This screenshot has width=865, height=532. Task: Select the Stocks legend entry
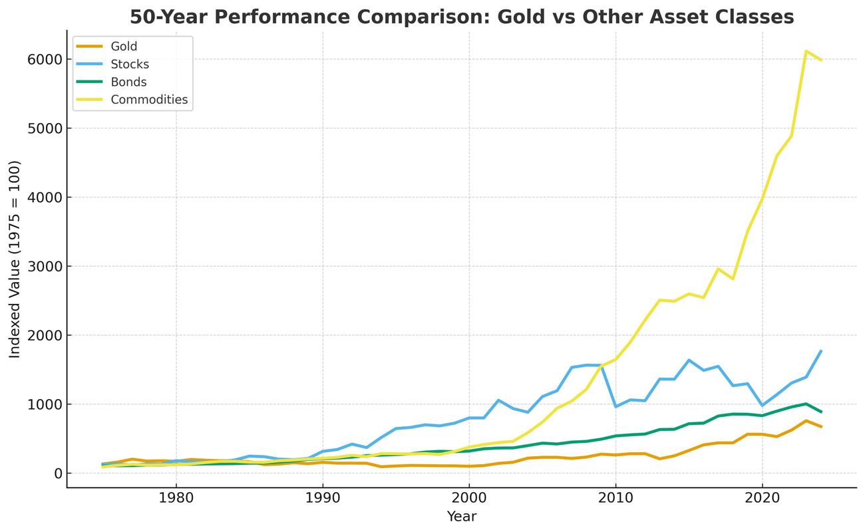129,65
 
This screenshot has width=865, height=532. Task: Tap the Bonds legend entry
128,82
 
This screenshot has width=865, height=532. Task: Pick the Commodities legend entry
149,100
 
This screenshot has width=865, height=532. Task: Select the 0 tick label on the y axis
58,473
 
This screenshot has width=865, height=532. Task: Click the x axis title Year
461,517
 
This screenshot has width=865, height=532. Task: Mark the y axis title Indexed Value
15,259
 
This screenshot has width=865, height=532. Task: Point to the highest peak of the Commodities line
806,51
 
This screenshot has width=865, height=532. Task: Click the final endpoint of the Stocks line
821,350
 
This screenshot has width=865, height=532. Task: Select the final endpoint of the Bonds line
821,412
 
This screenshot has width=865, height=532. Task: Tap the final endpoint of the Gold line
821,426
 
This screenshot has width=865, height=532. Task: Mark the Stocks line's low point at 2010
615,406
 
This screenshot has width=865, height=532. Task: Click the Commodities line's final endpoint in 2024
821,60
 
